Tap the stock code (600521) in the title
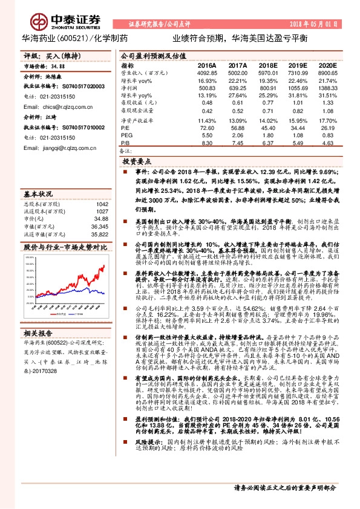74,38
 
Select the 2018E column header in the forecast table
266,65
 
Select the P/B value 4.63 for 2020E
329,143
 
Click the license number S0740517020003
82,87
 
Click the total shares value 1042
102,204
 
